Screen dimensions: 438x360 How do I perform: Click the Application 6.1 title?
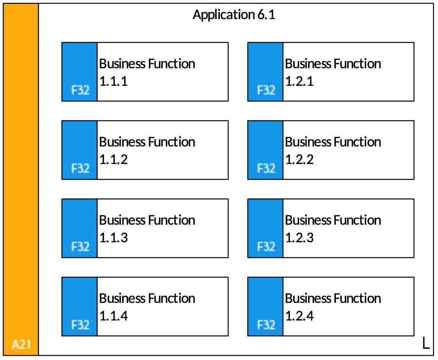234,15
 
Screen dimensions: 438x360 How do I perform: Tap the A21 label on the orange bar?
21,344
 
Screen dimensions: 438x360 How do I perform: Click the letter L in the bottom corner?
426,343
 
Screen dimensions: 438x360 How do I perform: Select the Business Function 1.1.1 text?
147,72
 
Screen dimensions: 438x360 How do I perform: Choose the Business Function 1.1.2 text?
147,150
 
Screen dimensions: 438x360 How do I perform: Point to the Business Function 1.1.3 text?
147,229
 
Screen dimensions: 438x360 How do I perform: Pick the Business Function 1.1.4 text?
147,307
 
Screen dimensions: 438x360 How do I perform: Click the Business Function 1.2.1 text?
333,72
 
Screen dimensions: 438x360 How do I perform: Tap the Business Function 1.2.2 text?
333,150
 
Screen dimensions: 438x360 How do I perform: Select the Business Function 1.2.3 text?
333,229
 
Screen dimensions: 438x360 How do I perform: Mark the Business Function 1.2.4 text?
333,307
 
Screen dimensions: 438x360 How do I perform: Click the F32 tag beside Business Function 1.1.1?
81,90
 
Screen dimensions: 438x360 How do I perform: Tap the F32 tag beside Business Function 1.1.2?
81,168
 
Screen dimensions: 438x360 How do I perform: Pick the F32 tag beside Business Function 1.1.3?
81,247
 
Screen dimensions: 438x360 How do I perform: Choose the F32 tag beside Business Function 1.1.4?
81,325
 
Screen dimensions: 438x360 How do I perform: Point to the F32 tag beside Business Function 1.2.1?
266,90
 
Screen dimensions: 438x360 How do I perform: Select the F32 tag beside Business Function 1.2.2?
266,168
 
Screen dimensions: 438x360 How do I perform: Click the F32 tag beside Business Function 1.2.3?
266,247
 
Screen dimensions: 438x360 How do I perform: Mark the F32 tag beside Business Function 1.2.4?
266,325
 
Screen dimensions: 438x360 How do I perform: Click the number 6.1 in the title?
266,14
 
